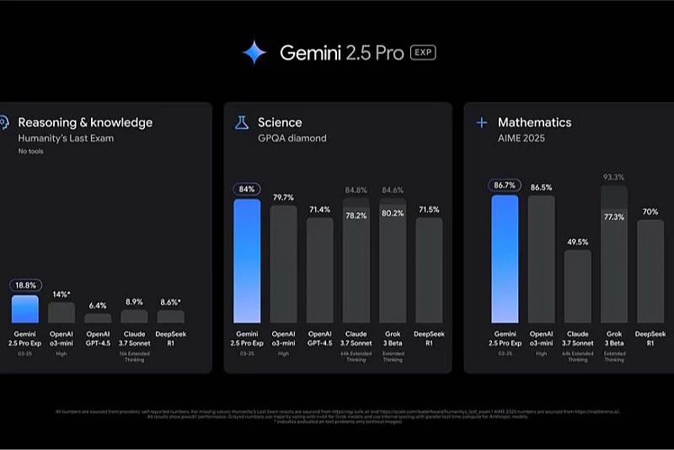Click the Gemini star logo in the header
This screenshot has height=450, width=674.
254,53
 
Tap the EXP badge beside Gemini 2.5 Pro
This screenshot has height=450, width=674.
422,53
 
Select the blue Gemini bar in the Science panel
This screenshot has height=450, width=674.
247,261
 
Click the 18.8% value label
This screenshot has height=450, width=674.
24,286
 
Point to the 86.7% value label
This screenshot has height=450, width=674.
504,185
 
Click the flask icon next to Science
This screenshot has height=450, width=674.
241,123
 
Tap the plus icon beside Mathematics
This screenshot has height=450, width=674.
482,123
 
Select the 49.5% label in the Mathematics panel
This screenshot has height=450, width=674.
577,242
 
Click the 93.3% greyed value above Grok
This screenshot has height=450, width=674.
613,177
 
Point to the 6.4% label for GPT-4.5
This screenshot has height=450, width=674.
98,306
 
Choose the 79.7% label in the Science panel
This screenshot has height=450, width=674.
283,198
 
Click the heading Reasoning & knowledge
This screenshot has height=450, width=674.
85,123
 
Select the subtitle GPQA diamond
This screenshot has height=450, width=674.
292,138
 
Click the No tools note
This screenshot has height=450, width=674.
31,152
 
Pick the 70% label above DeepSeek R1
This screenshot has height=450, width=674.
650,212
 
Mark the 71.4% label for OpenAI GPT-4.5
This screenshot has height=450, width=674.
319,208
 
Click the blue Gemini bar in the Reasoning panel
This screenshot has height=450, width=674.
24,309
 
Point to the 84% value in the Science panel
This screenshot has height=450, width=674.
247,190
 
